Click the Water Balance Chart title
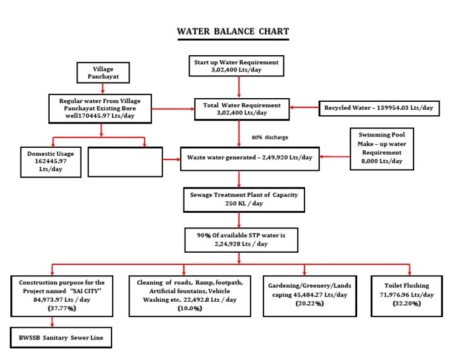232,32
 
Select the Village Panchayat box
103,73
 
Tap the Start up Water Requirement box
236,66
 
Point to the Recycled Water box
379,108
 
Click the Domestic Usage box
51,162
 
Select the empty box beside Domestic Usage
125,162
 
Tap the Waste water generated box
249,158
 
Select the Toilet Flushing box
411,294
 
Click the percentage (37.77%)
61,308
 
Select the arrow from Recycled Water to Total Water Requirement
304,108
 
